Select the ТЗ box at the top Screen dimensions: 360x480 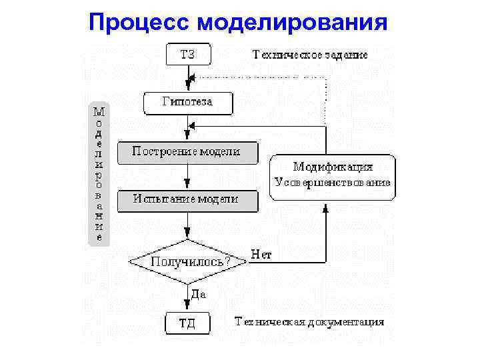tap(188, 54)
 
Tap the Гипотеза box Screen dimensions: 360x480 tap(188, 103)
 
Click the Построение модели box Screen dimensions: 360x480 tap(188, 152)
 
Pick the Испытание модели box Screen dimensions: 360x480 tap(188, 199)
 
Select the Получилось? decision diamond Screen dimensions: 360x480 tap(189, 261)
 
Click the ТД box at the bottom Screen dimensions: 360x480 tap(188, 323)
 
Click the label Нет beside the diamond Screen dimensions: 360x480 tap(261, 254)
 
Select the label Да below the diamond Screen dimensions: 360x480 tap(198, 293)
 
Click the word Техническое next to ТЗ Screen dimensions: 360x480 tap(285, 55)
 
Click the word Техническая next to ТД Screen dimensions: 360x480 tap(268, 322)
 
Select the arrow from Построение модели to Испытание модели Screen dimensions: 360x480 tap(189, 177)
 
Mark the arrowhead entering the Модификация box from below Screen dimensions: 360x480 tap(325, 207)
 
